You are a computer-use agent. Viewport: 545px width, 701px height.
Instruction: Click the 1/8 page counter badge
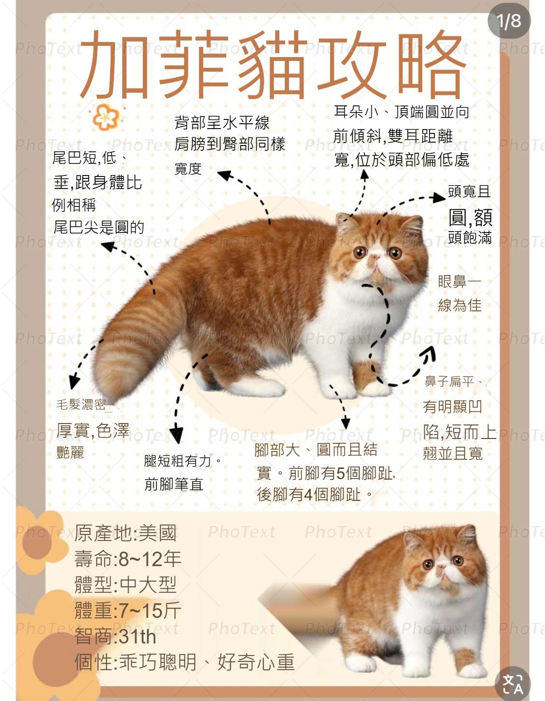pyautogui.click(x=509, y=21)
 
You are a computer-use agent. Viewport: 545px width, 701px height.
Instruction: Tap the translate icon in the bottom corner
pyautogui.click(x=513, y=684)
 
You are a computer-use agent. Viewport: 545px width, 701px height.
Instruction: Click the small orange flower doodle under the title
pyautogui.click(x=105, y=117)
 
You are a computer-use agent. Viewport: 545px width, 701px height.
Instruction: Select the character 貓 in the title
pyautogui.click(x=272, y=64)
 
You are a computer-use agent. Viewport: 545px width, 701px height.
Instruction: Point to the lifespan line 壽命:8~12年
pyautogui.click(x=128, y=559)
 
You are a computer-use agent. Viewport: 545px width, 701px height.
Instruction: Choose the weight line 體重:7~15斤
pyautogui.click(x=128, y=611)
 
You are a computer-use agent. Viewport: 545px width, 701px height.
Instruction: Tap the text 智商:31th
pyautogui.click(x=115, y=637)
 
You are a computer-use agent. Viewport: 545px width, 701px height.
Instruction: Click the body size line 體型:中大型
pyautogui.click(x=126, y=584)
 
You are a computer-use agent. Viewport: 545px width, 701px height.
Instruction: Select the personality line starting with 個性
pyautogui.click(x=185, y=662)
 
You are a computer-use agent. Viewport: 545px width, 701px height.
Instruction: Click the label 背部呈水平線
pyautogui.click(x=222, y=123)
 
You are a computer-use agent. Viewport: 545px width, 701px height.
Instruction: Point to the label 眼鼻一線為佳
pyautogui.click(x=459, y=293)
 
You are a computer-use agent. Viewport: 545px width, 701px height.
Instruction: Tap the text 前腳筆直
pyautogui.click(x=174, y=484)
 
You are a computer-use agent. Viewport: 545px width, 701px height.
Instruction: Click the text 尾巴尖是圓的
pyautogui.click(x=99, y=227)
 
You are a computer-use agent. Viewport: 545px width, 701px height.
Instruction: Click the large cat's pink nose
pyautogui.click(x=375, y=257)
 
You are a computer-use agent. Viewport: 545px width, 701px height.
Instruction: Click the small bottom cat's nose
pyautogui.click(x=442, y=567)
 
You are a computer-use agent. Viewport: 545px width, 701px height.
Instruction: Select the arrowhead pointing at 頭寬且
pyautogui.click(x=439, y=197)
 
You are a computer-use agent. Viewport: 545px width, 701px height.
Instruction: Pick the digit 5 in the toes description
pyautogui.click(x=340, y=474)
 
